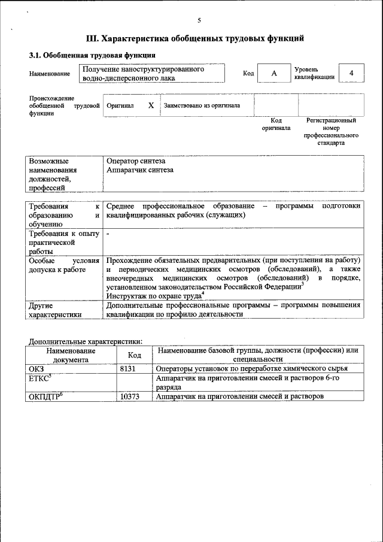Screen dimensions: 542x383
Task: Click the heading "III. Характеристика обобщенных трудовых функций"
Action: [195, 39]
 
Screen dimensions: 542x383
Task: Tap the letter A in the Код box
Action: [273, 73]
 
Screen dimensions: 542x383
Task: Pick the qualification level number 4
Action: [351, 73]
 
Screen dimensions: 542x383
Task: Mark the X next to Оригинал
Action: [151, 105]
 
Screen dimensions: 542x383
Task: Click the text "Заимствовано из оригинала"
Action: [202, 105]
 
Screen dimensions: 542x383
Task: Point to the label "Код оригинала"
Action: [276, 124]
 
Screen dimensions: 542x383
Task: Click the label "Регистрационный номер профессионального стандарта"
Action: [331, 132]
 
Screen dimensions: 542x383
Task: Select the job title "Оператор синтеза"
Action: [136, 161]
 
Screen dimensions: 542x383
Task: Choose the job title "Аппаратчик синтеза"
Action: [140, 170]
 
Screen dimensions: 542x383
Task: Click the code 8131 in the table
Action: [129, 368]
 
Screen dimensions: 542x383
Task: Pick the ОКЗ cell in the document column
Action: [37, 368]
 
